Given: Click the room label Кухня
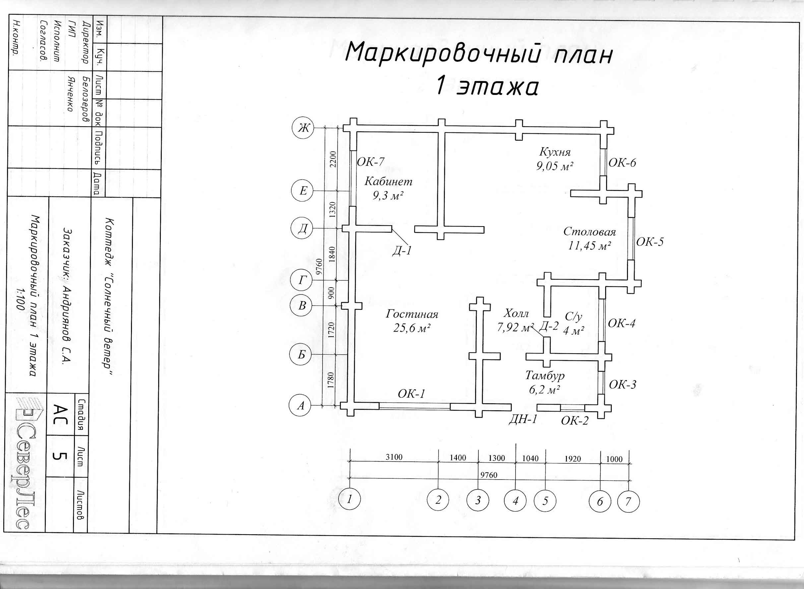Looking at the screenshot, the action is tap(555, 152).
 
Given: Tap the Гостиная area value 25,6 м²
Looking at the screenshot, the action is tap(412, 328).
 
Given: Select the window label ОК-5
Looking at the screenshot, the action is tap(650, 242).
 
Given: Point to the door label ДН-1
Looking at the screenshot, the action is tap(523, 420).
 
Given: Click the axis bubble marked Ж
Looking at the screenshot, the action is tap(303, 128).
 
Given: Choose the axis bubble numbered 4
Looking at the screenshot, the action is tap(515, 501).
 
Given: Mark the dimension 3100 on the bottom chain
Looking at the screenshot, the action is tap(394, 457).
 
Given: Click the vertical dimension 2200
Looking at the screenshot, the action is tap(333, 159).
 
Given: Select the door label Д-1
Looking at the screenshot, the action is tap(402, 251).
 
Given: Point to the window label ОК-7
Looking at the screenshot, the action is tap(371, 162).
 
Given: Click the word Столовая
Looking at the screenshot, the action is tap(589, 232).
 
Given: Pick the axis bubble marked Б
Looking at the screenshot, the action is tap(301, 355).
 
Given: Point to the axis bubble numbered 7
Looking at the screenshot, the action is tap(628, 501).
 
